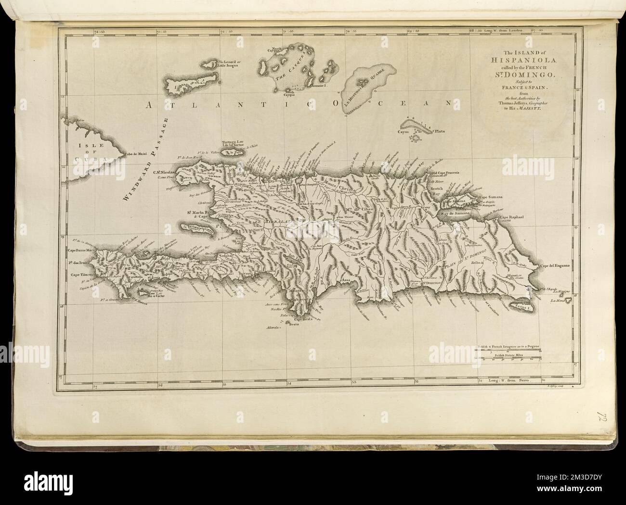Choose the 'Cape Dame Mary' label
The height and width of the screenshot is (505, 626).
click(80, 250)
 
